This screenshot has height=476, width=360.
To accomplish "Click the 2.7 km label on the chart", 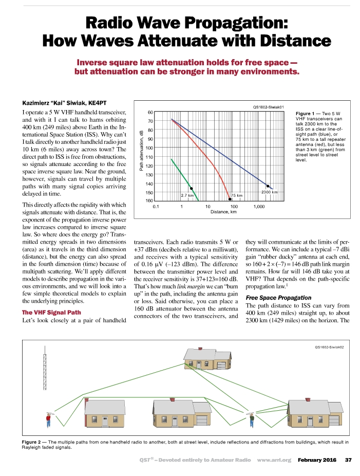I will pyautogui.click(x=187, y=195).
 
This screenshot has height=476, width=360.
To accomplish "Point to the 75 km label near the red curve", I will pyautogui.click(x=237, y=195).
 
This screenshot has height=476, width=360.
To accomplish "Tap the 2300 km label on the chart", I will pyautogui.click(x=270, y=192).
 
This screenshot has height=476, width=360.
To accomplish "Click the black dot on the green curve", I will pyautogui.click(x=191, y=189).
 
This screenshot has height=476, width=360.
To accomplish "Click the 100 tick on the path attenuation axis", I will pyautogui.click(x=150, y=148).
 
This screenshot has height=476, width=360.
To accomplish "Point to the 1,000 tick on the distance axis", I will pyautogui.click(x=259, y=206).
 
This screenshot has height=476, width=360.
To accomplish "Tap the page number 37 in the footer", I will pyautogui.click(x=348, y=460).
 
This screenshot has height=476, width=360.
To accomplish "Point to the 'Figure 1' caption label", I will pyautogui.click(x=307, y=113).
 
